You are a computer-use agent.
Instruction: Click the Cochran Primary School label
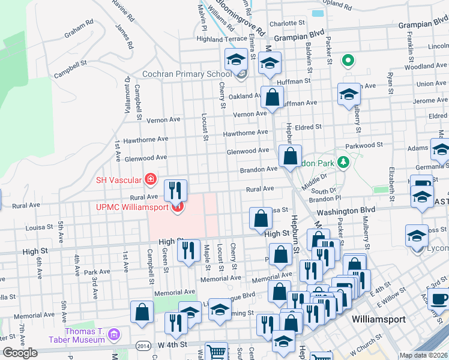pyautogui.click(x=186, y=74)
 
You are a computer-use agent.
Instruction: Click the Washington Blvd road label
pyautogui.click(x=346, y=211)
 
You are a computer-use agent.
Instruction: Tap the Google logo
pyautogui.click(x=20, y=353)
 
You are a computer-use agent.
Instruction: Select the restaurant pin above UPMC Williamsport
pyautogui.click(x=175, y=190)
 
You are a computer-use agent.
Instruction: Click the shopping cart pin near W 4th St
pyautogui.click(x=216, y=352)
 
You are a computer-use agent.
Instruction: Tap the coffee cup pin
pyautogui.click(x=439, y=298)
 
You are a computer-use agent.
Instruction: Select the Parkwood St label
pyautogui.click(x=364, y=145)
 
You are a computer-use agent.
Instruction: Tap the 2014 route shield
pyautogui.click(x=143, y=346)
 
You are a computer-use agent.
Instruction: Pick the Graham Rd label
pyautogui.click(x=80, y=28)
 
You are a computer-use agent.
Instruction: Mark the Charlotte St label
pyautogui.click(x=283, y=24)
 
